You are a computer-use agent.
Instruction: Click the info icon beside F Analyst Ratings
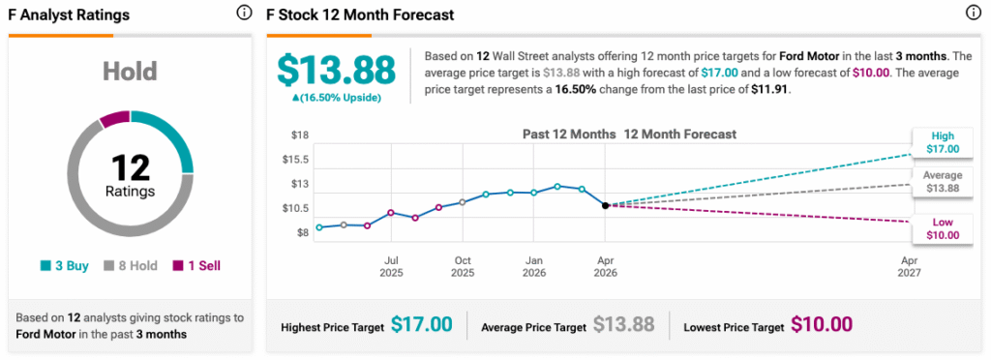[x=243, y=13]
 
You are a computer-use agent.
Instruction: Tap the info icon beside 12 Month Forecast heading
[x=973, y=13]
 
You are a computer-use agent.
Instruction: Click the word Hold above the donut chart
[x=130, y=72]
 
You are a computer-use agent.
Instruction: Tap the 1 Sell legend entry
[x=196, y=266]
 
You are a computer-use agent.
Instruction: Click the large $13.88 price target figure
[x=336, y=70]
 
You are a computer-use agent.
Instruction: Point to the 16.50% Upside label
[x=336, y=98]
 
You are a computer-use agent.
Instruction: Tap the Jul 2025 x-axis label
[x=391, y=266]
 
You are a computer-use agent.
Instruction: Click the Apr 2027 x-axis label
[x=909, y=266]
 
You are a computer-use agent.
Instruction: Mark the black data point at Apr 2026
[x=605, y=205]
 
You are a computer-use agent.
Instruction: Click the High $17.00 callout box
[x=943, y=142]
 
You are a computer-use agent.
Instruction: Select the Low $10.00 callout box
[x=943, y=228]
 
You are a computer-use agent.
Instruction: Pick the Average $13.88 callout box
[x=943, y=182]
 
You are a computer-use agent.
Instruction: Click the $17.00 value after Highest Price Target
[x=422, y=324]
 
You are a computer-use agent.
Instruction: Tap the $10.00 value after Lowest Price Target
[x=822, y=324]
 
